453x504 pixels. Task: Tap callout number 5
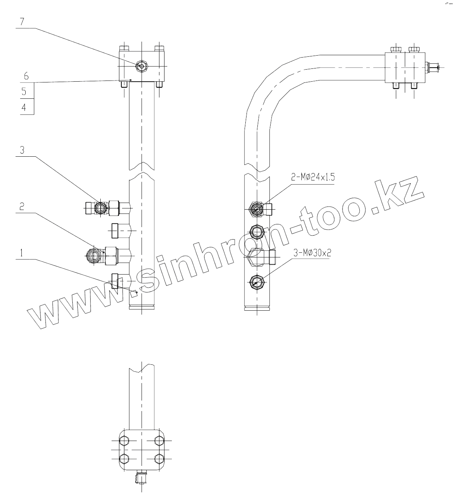click(24, 92)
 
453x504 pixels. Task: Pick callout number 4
click(24, 108)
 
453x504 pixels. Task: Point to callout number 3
click(22, 150)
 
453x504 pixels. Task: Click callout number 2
click(22, 207)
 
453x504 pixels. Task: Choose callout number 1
click(22, 253)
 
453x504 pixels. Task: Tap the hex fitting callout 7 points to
click(141, 66)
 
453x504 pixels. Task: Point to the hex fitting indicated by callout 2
click(94, 255)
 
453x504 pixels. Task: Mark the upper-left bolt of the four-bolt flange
click(124, 441)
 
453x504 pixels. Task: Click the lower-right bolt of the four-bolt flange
click(159, 458)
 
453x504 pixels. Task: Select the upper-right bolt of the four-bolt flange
click(159, 441)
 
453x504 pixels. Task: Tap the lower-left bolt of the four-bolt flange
click(124, 458)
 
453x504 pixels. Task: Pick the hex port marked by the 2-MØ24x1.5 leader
click(257, 209)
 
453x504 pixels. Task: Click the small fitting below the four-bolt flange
click(142, 477)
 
